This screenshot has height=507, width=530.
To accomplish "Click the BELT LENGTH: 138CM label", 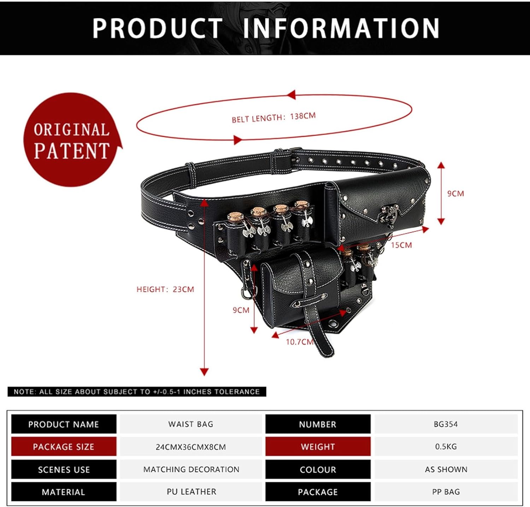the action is tap(273, 117).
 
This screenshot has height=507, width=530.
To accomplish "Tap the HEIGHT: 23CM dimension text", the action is tap(165, 289).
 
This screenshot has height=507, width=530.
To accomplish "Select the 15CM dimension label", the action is tap(401, 245).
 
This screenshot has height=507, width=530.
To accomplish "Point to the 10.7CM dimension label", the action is tap(300, 342).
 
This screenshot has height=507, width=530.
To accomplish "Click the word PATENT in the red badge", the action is tap(72, 151).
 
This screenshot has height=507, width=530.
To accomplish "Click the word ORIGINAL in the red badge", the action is tap(71, 130).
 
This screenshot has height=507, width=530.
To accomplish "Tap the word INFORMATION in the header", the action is tap(341, 28).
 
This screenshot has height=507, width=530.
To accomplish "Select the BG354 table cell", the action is tap(446, 424).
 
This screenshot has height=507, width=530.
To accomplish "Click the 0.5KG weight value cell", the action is tap(446, 446).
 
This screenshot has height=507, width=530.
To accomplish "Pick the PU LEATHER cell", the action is tap(191, 491).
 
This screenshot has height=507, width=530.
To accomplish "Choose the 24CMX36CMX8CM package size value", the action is tap(191, 446).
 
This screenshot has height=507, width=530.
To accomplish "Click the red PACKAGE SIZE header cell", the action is tap(64, 446).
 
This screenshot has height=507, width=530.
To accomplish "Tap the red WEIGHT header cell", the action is tap(318, 446).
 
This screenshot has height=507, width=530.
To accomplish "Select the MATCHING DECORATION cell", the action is tap(191, 469).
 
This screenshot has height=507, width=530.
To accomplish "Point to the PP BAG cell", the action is tap(446, 491).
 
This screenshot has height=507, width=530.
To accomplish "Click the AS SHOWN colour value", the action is tap(446, 469).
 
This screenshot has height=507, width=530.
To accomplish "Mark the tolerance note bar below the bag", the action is tap(137, 392).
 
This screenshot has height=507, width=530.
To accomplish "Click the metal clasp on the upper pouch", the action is tap(389, 216).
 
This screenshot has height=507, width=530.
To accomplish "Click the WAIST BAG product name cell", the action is tap(191, 424).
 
